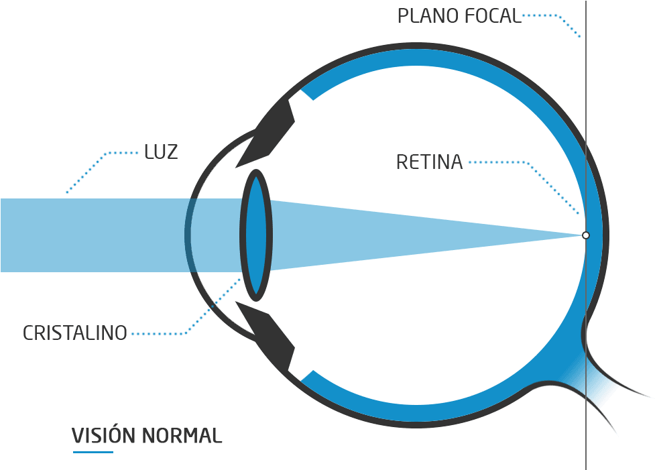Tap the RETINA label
(429, 162)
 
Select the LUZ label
(161, 152)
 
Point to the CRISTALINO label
(75, 333)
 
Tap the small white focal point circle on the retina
(585, 235)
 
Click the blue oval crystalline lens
(255, 235)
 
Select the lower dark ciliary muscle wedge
(268, 335)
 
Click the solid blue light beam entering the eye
(94, 235)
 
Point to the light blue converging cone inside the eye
(402, 235)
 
